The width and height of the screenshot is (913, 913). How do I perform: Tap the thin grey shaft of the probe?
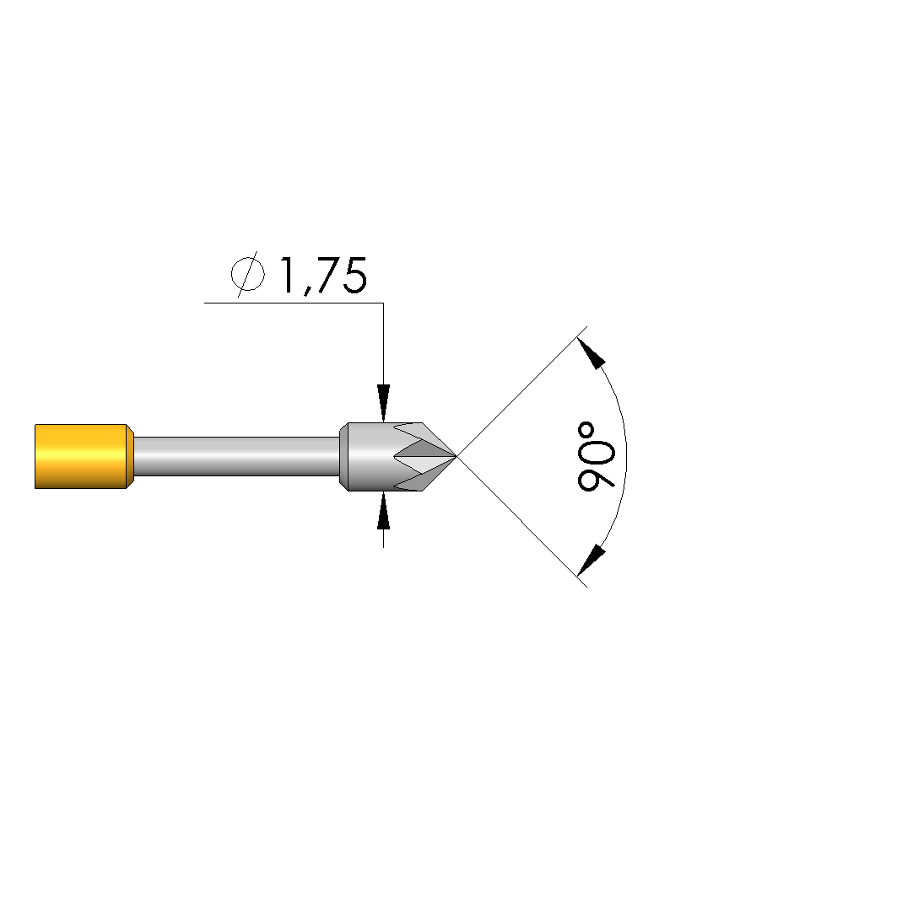click(236, 457)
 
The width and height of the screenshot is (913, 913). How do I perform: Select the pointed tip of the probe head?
click(456, 457)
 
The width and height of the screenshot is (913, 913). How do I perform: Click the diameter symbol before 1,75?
click(247, 274)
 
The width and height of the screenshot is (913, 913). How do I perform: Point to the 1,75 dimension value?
click(324, 275)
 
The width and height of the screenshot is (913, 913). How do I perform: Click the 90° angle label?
click(596, 457)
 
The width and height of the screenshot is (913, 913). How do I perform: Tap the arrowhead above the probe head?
click(383, 402)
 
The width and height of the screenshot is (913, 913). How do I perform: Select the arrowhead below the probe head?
click(383, 511)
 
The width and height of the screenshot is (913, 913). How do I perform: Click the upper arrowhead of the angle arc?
click(591, 353)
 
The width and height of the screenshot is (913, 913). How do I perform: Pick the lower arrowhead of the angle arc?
click(591, 560)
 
